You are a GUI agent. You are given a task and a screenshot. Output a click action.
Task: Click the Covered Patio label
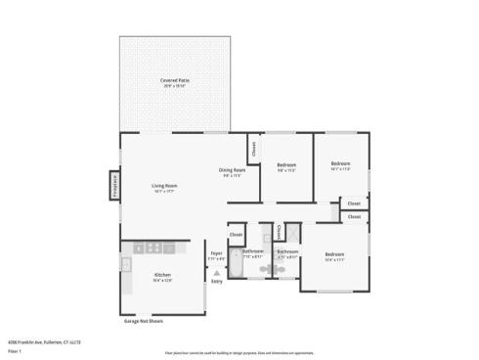click(176, 80)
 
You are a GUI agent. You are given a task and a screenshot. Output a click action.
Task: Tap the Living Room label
click(163, 185)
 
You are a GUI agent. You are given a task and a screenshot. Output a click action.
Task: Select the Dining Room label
click(231, 170)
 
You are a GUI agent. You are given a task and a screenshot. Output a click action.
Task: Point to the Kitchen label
click(162, 275)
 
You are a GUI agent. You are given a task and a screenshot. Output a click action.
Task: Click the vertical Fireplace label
click(114, 186)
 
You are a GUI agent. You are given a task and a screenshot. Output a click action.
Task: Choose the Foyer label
click(216, 253)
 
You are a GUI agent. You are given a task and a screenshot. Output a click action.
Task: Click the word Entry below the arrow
click(216, 282)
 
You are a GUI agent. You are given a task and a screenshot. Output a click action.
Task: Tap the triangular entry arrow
click(216, 273)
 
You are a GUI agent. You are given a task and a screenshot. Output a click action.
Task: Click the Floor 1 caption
click(15, 349)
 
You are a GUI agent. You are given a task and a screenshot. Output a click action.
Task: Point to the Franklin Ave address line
click(43, 341)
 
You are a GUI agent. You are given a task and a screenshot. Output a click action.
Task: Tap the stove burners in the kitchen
click(152, 247)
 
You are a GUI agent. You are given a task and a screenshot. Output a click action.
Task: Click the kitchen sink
click(126, 263)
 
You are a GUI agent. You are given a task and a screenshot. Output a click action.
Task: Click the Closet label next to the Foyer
click(236, 235)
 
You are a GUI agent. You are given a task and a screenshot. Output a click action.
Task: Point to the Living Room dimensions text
click(163, 191)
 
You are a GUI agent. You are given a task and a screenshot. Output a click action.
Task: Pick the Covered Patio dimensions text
click(176, 86)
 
